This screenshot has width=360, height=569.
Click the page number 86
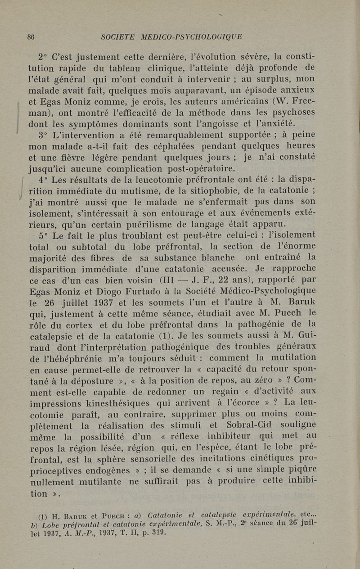click(31, 37)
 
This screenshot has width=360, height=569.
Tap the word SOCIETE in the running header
click(118, 37)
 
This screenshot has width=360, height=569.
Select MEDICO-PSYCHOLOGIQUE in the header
click(191, 37)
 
